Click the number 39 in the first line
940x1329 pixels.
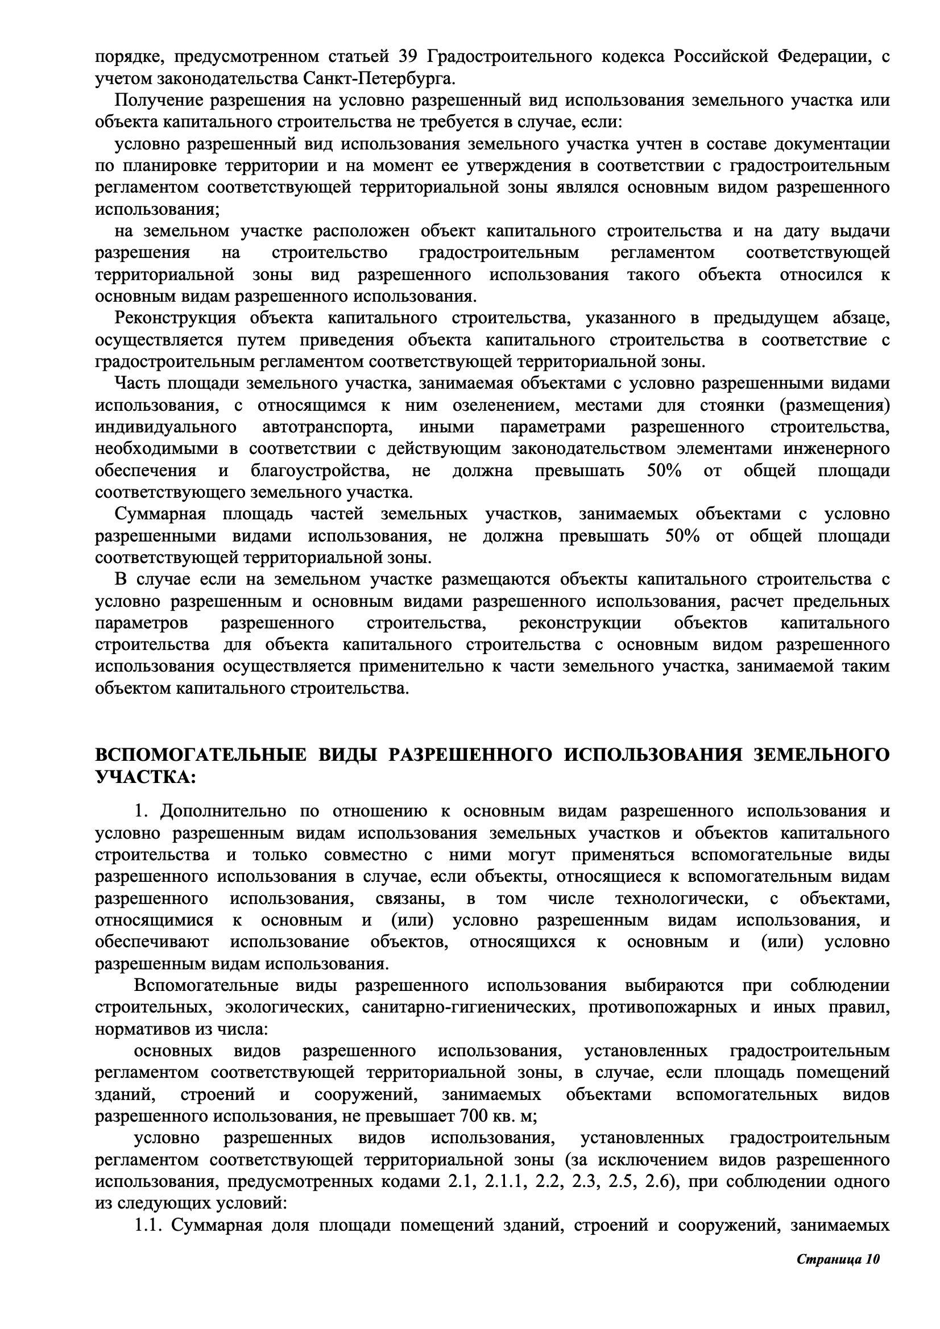click(x=409, y=57)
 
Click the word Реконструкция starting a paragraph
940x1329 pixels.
click(x=176, y=318)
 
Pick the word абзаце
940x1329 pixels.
click(x=860, y=318)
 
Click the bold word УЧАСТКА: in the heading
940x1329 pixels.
click(x=146, y=777)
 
